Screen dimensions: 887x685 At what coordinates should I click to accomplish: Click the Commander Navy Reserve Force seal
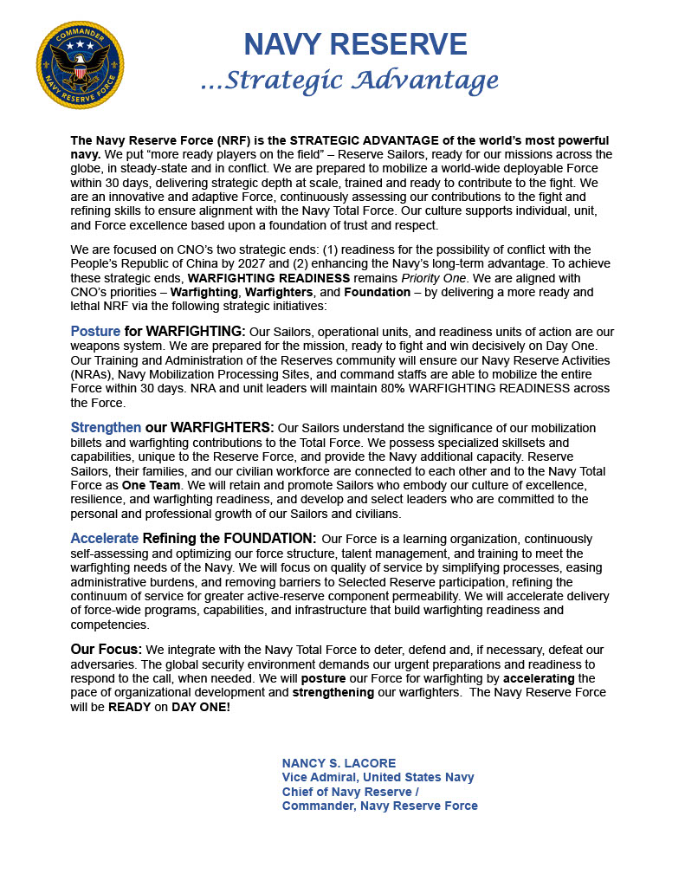pos(80,66)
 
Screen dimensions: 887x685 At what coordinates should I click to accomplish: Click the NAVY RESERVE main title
pos(355,43)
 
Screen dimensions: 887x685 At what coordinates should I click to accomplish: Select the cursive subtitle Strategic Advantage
pos(350,81)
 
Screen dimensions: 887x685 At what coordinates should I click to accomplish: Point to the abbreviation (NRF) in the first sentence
pos(236,140)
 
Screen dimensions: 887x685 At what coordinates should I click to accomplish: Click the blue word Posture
pos(95,332)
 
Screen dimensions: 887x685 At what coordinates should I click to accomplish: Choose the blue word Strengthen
pos(106,428)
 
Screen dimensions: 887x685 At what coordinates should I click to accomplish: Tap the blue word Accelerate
pos(104,539)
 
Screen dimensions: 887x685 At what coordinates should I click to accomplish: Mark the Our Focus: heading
pos(107,650)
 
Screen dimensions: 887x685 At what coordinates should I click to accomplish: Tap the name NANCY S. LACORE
pos(339,763)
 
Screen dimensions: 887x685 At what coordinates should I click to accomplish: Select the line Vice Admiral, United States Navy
pos(378,777)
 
